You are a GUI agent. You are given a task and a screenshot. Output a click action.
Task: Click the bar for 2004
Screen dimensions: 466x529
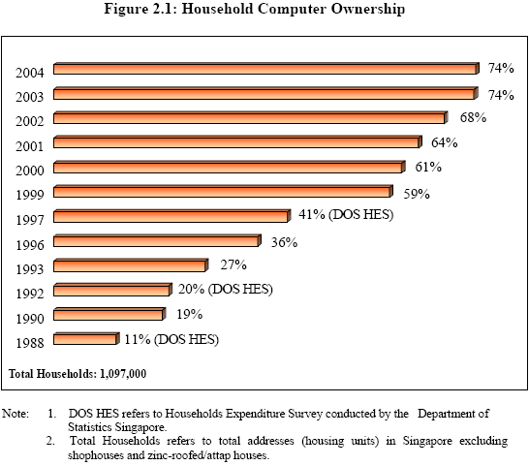coord(265,69)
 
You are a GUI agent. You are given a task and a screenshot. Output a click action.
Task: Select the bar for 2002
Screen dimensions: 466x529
coord(249,118)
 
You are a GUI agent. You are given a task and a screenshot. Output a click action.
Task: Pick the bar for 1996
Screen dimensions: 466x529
coord(156,240)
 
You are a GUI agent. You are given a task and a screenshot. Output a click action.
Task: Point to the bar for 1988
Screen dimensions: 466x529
coord(85,339)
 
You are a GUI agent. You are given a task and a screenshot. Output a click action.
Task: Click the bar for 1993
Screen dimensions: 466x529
coord(130,265)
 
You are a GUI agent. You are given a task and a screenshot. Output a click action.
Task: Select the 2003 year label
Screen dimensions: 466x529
coord(30,98)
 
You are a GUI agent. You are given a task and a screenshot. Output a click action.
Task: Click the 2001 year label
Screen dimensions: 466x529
coord(30,147)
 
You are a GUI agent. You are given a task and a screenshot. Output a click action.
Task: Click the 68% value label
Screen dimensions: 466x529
coord(472,117)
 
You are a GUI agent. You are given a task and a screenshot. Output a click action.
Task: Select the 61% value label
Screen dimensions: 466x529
coord(427,167)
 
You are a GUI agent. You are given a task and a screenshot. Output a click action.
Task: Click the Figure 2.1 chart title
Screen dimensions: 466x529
coord(264,11)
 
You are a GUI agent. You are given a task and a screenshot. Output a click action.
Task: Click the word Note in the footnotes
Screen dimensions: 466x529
coord(16,414)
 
